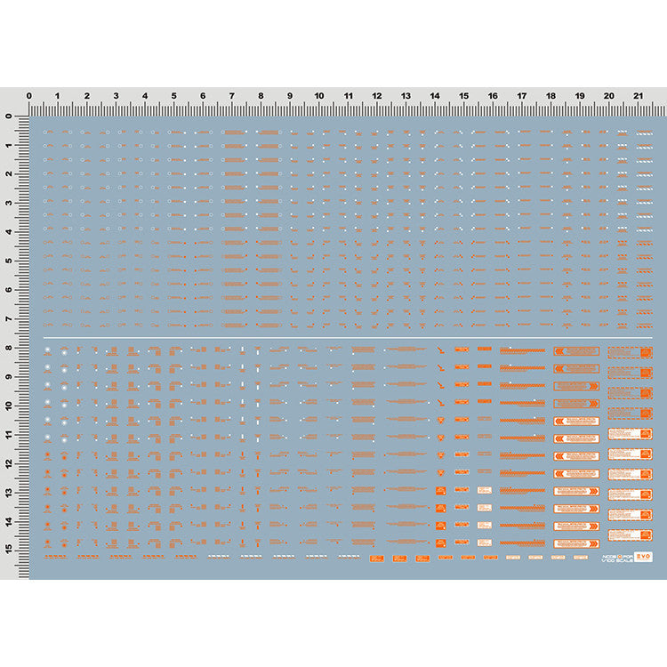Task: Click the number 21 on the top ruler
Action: pos(638,95)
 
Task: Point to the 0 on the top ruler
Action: pos(29,95)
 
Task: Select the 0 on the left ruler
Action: pos(8,117)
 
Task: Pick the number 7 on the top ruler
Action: pos(232,95)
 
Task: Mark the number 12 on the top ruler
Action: pos(377,95)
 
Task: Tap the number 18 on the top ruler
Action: pos(550,95)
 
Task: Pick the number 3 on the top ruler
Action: pos(117,95)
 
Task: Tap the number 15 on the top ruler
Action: pos(463,95)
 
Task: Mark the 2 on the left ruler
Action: pos(8,174)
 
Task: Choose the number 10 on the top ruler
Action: pos(318,95)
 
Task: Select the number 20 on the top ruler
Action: pos(608,95)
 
